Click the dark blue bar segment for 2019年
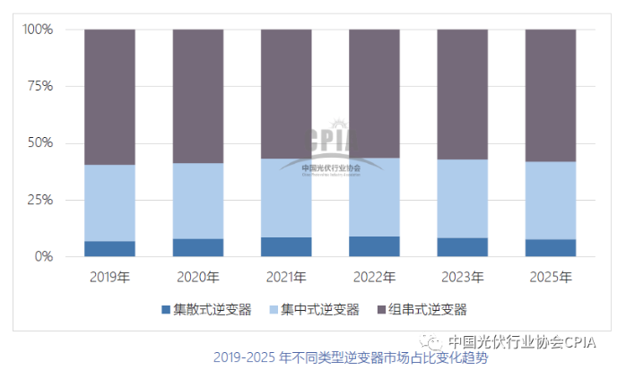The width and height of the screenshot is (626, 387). tap(109, 248)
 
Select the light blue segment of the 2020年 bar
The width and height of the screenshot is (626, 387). tap(198, 201)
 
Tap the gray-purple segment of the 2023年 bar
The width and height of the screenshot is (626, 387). tap(463, 94)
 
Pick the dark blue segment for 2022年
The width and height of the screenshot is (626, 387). tap(374, 246)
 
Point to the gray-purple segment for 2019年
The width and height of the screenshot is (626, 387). tap(109, 97)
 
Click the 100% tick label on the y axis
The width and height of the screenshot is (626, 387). tap(39, 30)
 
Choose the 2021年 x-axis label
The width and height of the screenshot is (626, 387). tap(286, 277)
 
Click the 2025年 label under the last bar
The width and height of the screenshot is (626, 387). tap(551, 277)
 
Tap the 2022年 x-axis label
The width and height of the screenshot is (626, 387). tap(374, 277)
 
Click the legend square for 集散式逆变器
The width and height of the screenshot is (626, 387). tap(165, 310)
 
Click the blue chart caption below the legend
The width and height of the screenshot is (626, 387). tap(352, 357)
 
